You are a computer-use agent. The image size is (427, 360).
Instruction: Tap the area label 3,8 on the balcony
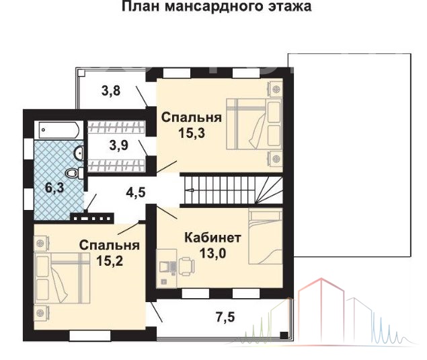point(111,90)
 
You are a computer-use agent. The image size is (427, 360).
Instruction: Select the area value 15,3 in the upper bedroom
point(192,133)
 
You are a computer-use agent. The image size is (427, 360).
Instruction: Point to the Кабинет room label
point(212,238)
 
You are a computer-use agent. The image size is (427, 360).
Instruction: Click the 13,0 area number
point(212,254)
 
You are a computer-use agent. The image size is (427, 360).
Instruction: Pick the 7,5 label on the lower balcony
point(225,318)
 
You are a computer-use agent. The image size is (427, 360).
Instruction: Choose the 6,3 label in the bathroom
point(54,188)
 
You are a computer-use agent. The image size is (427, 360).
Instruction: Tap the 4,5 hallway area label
point(136,192)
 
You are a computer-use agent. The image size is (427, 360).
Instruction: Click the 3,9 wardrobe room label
point(119,145)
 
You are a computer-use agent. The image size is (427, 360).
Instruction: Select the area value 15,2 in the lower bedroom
point(110,261)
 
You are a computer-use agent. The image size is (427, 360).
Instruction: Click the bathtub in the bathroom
point(59,131)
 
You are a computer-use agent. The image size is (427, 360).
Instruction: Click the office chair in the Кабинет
point(186,265)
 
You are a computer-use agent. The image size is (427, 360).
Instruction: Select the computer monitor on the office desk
point(164,266)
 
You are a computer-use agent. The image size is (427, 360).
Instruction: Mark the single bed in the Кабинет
point(265,237)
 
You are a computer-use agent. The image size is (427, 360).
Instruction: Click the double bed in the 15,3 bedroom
point(254,124)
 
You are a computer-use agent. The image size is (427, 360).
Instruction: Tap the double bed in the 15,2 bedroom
point(62,278)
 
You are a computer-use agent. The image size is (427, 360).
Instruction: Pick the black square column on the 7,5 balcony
point(284,335)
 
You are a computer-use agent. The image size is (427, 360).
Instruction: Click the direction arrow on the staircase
point(190,190)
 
